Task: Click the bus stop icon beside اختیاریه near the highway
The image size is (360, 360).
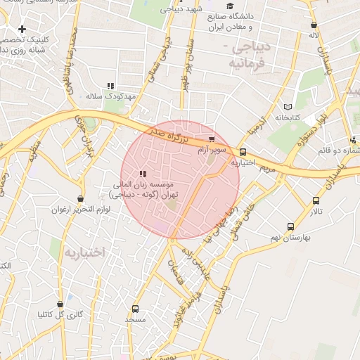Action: (x=243, y=152)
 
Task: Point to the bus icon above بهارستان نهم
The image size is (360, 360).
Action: (x=290, y=227)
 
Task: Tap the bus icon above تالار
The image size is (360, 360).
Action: (x=316, y=200)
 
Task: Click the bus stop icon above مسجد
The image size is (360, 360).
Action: (x=135, y=308)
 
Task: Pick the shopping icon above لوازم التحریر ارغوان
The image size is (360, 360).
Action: (x=81, y=199)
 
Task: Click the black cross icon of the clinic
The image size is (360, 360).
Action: (x=23, y=29)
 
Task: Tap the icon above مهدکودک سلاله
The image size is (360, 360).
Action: (x=110, y=86)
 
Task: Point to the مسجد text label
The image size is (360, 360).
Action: (x=135, y=320)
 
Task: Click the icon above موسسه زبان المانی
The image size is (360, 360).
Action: (x=143, y=173)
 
